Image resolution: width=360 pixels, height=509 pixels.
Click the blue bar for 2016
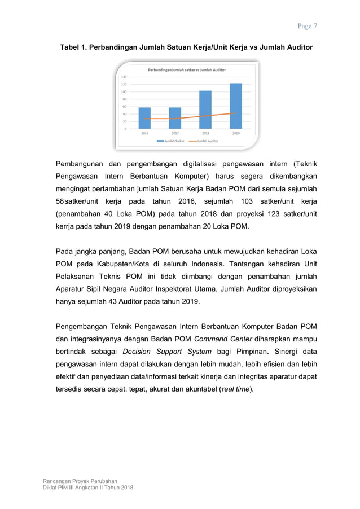point(144,118)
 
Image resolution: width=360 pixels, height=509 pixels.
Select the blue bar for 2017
point(175,118)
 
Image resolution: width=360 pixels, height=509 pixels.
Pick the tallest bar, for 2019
point(236,106)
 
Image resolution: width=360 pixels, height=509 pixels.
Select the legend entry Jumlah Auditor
point(205,141)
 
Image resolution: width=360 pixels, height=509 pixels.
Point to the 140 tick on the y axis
point(124,77)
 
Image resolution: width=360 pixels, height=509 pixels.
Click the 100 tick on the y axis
point(124,91)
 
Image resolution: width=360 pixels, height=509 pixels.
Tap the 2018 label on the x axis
point(205,133)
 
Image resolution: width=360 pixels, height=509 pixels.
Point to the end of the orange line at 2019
point(236,113)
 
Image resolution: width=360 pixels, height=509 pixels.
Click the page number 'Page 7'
point(308,26)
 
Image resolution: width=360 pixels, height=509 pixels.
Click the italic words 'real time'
point(236,389)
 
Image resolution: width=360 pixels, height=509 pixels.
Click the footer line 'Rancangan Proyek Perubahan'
point(80,480)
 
